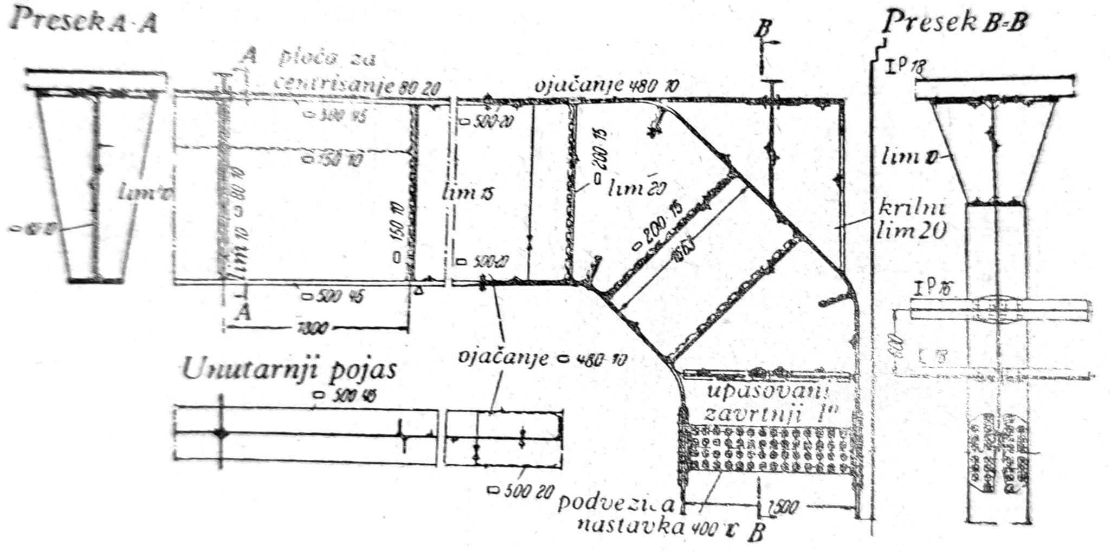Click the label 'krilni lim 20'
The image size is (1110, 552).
pyautogui.click(x=912, y=220)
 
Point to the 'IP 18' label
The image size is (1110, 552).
pyautogui.click(x=905, y=67)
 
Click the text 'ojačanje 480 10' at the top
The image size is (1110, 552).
pyautogui.click(x=606, y=87)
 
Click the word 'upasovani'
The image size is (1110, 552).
pyautogui.click(x=769, y=391)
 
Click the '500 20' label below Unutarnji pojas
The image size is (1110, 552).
pyautogui.click(x=520, y=491)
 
